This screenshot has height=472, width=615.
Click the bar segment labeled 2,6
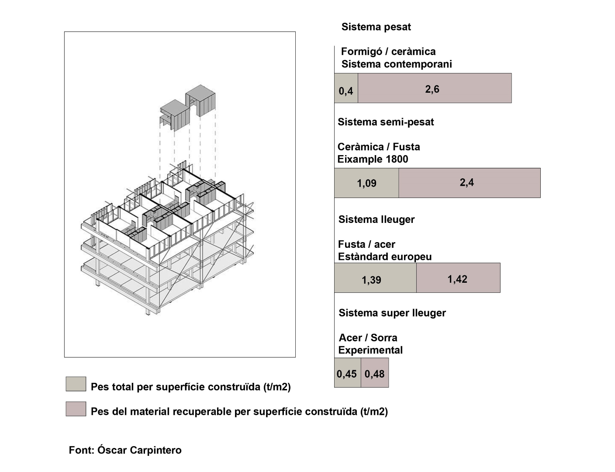435,88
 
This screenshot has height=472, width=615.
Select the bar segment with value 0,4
346,88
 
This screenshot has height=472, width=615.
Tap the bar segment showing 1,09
366,183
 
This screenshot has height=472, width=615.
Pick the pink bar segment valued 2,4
470,183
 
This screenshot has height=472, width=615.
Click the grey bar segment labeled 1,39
375,278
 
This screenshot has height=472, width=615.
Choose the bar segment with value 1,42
458,278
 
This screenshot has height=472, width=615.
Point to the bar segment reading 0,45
348,373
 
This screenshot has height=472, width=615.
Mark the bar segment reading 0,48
375,373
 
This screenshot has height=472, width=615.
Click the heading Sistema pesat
376,27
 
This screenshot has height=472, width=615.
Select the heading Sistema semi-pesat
386,122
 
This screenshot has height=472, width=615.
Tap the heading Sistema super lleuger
392,313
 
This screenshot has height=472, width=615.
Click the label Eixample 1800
373,159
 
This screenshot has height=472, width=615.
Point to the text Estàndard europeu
385,257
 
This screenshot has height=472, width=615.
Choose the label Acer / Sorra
368,338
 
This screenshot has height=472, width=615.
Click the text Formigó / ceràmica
388,52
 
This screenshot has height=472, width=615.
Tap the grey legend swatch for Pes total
76,384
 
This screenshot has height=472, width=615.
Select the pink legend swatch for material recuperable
76,409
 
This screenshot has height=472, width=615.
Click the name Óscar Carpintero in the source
139,450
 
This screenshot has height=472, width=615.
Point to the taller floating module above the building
200,101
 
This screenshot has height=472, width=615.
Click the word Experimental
370,350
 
